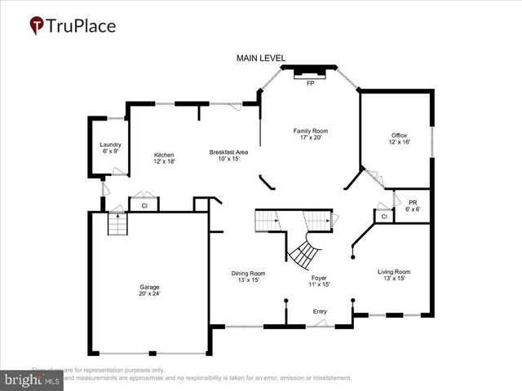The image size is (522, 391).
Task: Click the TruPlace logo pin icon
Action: click(37, 26)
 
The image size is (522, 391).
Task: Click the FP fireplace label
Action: click(310, 83)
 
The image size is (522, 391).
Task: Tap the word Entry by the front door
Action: click(321, 311)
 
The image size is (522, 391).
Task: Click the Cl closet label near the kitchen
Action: click(144, 206)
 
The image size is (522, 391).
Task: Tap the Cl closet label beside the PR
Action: click(383, 217)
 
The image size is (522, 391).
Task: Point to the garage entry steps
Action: click(118, 224)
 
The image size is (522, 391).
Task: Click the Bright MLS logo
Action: click(32, 379)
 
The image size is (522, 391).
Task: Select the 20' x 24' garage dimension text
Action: click(149, 294)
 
